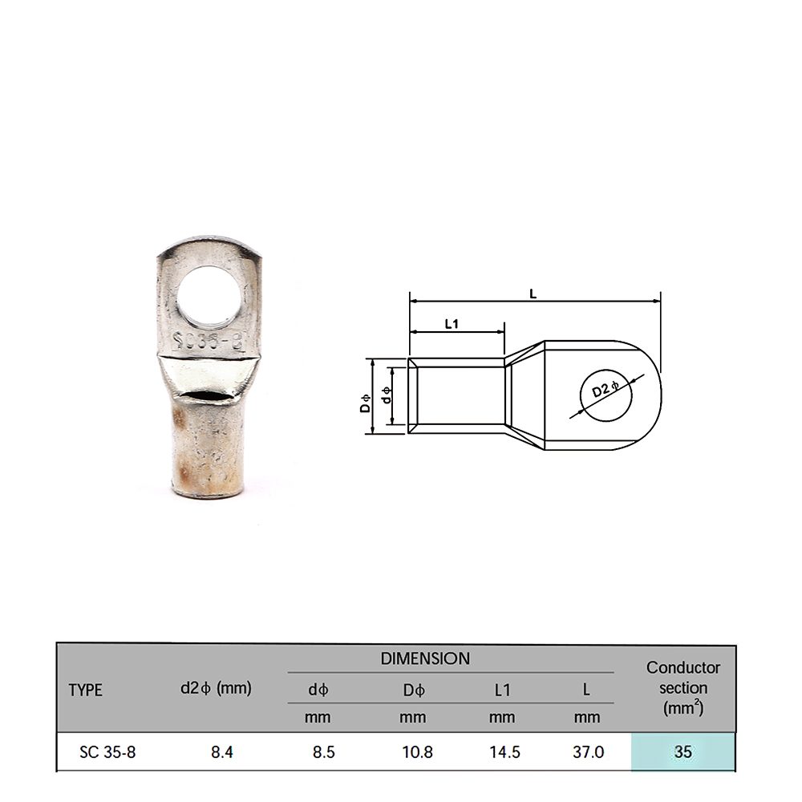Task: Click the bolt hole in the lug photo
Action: (209, 296)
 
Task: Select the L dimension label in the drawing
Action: (533, 294)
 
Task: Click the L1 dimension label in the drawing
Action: (452, 324)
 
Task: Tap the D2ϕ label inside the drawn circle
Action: (605, 390)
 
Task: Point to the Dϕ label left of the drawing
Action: (365, 403)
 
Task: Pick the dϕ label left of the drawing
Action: (387, 395)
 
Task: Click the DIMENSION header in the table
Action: (425, 658)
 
